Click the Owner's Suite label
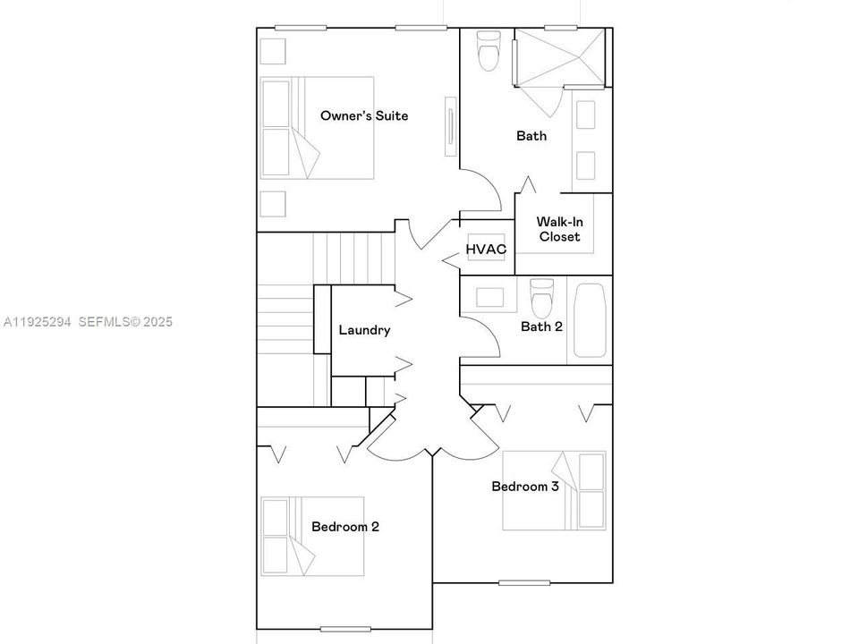(x=364, y=115)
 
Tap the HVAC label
(x=486, y=250)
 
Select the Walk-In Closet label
(x=559, y=229)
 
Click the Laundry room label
(x=364, y=330)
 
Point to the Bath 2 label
(x=541, y=326)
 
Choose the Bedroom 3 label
(x=525, y=487)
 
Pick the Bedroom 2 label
(x=345, y=526)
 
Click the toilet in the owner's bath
(x=489, y=51)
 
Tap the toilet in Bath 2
(x=541, y=298)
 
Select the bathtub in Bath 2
(x=590, y=320)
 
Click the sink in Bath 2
(x=489, y=297)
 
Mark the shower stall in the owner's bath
(x=559, y=57)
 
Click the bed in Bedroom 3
(x=554, y=490)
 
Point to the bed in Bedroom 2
(x=312, y=536)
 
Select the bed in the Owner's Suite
(x=318, y=128)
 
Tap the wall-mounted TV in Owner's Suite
(x=451, y=127)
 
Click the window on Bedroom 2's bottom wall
(x=345, y=629)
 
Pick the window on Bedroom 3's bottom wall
(x=524, y=582)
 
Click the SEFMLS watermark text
(x=125, y=322)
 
